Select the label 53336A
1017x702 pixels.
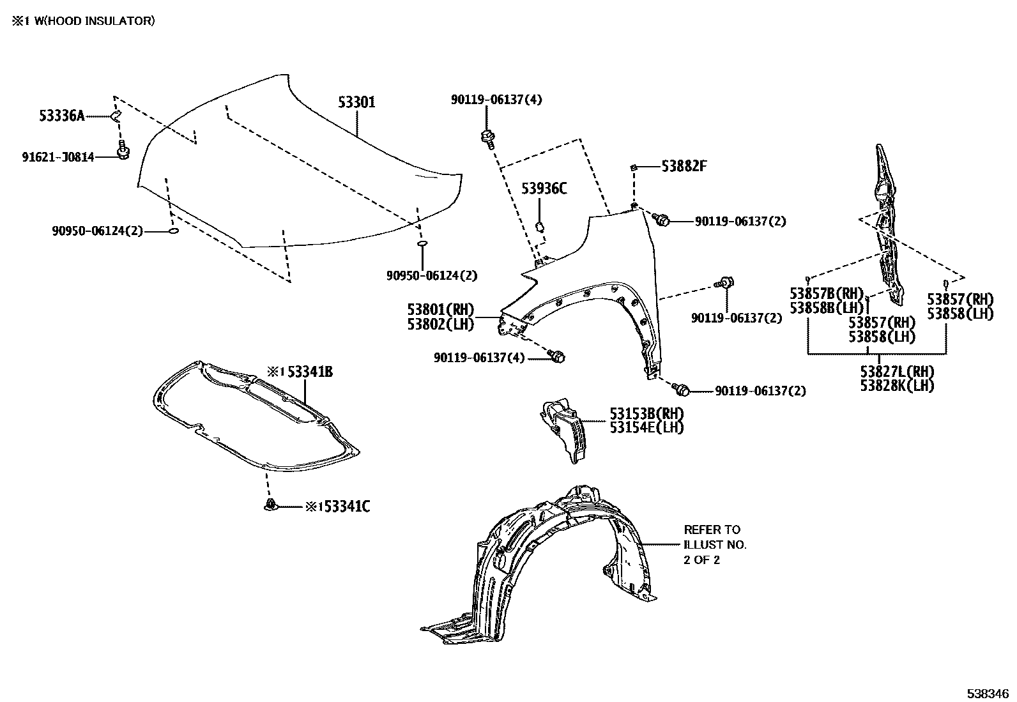click(x=61, y=116)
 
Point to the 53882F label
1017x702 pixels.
click(x=684, y=166)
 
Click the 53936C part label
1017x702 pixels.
click(x=544, y=188)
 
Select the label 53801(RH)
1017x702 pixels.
click(x=441, y=310)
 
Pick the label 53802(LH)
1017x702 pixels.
click(x=441, y=324)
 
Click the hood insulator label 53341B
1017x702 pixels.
click(x=309, y=372)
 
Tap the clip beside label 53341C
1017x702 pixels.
click(x=271, y=506)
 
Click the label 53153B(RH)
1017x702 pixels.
click(x=646, y=413)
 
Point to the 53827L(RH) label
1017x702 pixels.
click(x=896, y=372)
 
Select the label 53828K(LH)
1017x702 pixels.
click(x=896, y=385)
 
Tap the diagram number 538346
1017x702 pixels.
click(x=988, y=692)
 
